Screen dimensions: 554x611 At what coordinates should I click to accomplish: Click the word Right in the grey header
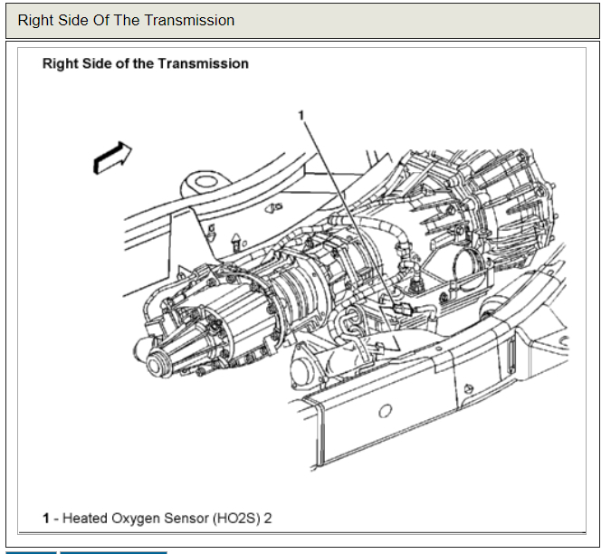pyautogui.click(x=35, y=20)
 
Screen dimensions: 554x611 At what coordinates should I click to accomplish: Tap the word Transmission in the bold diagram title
pyautogui.click(x=205, y=64)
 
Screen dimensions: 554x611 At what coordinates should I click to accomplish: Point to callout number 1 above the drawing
pyautogui.click(x=301, y=115)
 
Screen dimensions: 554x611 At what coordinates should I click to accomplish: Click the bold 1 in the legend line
pyautogui.click(x=45, y=519)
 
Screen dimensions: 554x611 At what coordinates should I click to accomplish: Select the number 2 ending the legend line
pyautogui.click(x=267, y=519)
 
